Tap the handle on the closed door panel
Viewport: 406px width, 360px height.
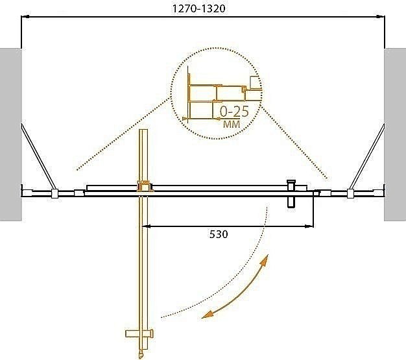[291, 193]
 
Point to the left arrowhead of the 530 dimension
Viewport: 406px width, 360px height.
[147, 226]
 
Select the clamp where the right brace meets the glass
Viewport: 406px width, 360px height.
[351, 193]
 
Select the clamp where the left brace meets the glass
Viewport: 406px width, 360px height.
[55, 193]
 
